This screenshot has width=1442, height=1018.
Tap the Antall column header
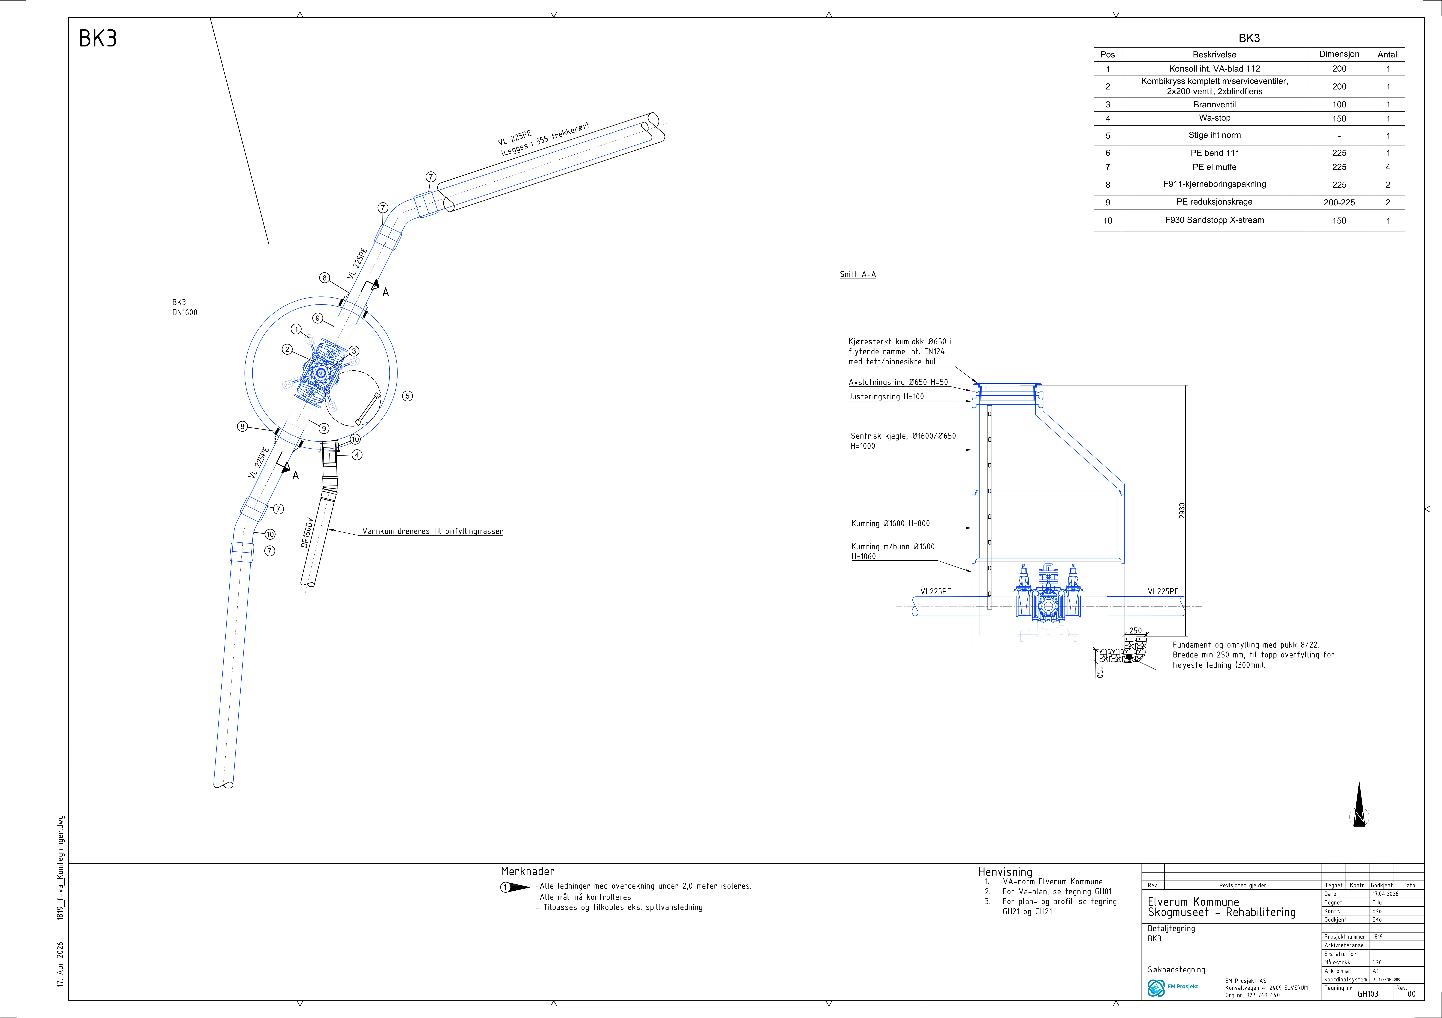coord(1388,55)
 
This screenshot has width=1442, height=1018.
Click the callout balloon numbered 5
coord(408,396)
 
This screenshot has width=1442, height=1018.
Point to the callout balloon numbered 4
coord(357,455)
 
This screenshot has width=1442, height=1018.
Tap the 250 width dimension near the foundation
coord(1136,631)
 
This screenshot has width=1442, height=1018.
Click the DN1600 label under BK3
coord(185,313)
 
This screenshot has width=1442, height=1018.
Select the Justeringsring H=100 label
coord(886,397)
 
